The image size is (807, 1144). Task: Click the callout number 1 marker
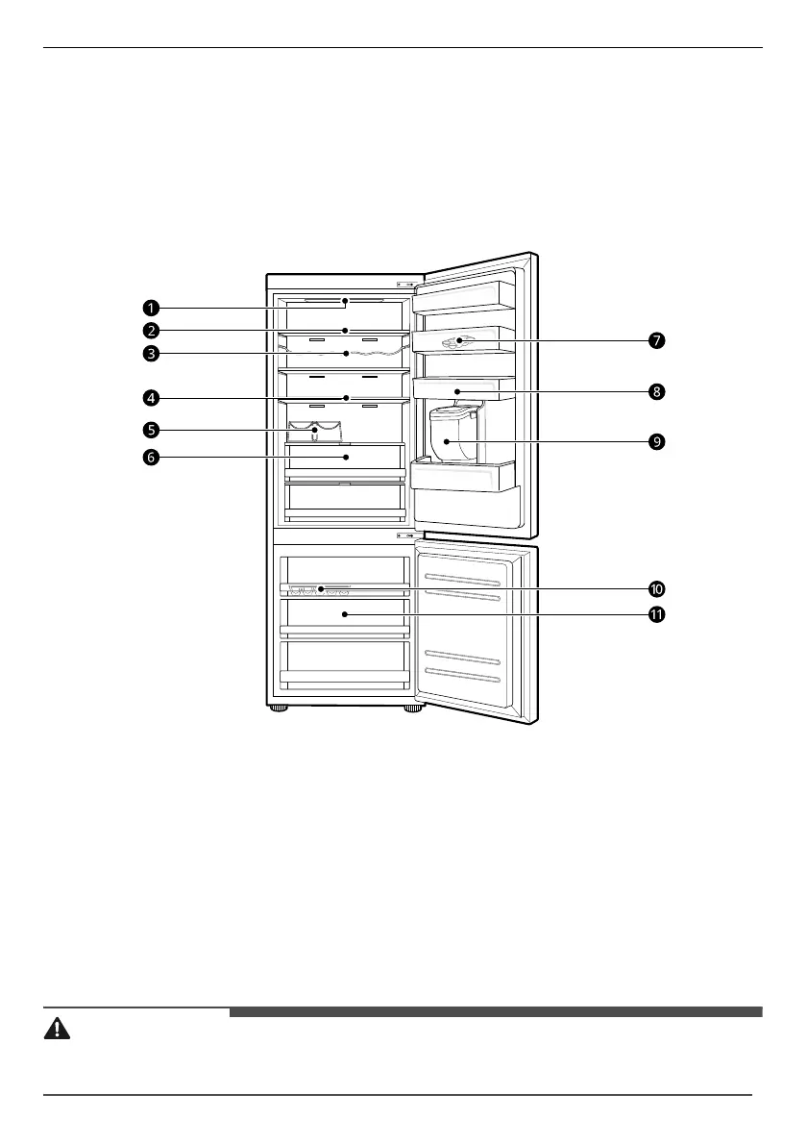point(151,308)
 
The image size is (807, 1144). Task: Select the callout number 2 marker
point(151,331)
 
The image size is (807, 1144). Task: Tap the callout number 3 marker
point(151,353)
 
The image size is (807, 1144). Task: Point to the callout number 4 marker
point(151,396)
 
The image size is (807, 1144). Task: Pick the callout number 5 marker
point(151,429)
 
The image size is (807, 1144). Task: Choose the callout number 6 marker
point(151,458)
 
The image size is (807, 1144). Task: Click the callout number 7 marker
point(656,340)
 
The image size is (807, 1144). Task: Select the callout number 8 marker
point(656,391)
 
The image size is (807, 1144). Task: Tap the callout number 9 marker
point(656,441)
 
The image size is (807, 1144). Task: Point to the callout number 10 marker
point(657,588)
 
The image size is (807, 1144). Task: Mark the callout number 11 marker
point(657,615)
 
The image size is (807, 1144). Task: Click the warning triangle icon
point(58,1028)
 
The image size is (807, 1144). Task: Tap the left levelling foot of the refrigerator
point(279,709)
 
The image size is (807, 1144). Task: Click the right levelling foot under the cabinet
point(413,709)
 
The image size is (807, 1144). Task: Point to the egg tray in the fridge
point(315,432)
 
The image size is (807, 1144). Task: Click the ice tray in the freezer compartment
point(317,589)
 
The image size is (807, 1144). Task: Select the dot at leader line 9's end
point(446,441)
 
